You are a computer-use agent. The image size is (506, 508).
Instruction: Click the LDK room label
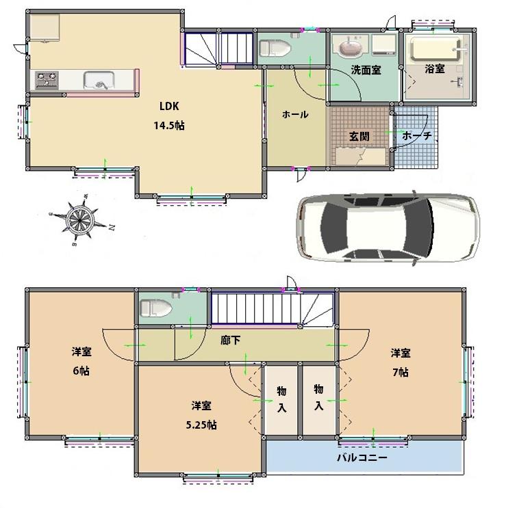169,106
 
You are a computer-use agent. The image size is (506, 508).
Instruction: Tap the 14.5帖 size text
169,125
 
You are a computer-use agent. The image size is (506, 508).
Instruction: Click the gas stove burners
47,81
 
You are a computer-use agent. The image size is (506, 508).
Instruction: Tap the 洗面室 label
366,70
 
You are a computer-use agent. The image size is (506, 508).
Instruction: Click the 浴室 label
435,70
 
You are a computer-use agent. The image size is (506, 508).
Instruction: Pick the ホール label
295,115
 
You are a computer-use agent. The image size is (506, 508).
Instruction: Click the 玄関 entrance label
359,136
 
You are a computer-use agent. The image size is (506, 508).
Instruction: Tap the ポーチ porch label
417,136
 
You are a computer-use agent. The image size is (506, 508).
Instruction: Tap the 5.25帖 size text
204,425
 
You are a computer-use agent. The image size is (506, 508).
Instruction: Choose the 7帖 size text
401,372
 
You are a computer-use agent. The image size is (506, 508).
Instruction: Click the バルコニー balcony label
362,457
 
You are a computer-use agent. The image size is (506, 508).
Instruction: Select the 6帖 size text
81,371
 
